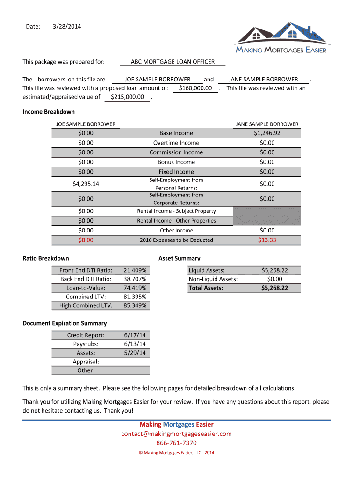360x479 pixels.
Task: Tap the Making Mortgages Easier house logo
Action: [x=281, y=37]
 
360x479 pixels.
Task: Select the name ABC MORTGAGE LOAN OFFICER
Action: [x=173, y=62]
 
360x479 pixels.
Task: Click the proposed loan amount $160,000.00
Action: [x=195, y=88]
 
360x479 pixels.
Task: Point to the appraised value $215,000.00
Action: [x=127, y=97]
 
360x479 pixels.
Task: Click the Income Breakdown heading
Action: [x=49, y=112]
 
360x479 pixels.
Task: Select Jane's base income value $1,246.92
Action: [x=267, y=133]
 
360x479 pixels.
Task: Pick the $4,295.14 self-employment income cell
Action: [x=86, y=184]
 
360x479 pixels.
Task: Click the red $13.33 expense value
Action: [x=267, y=240]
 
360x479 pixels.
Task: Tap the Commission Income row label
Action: [x=176, y=152]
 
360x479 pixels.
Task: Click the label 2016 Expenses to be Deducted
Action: [x=176, y=240]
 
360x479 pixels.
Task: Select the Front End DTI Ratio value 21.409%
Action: [x=135, y=270]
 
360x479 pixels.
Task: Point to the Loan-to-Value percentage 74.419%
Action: [x=135, y=288]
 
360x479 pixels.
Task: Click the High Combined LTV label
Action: [x=86, y=305]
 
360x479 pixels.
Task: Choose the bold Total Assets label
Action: [x=206, y=288]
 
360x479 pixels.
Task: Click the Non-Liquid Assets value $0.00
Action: [x=274, y=279]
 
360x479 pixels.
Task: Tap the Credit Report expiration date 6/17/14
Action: [x=135, y=335]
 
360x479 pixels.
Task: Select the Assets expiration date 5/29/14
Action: [x=135, y=353]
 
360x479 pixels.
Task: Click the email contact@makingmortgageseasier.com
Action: [x=176, y=434]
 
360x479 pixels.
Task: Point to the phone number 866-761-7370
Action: [x=176, y=443]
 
